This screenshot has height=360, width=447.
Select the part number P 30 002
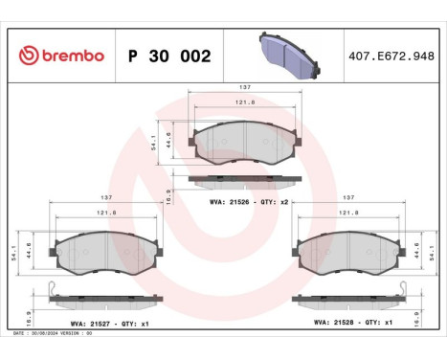pos(168,56)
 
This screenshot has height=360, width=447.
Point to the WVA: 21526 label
pos(227,203)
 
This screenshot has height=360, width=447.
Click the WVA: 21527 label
pos(70,325)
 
